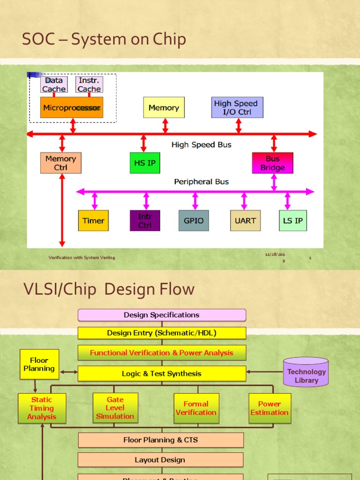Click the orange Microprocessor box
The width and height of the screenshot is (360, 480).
pos(72,108)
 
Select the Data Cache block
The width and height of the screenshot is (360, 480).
pos(54,85)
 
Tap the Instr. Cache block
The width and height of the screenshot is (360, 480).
pos(89,85)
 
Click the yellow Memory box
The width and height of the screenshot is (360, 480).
pos(164,108)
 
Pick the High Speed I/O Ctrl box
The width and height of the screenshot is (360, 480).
pos(237,108)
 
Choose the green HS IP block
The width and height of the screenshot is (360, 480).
pos(145,163)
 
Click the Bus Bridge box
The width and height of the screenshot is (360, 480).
pos(273,163)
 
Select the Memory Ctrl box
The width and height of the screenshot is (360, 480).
pos(60,163)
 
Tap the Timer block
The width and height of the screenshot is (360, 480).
pos(93,221)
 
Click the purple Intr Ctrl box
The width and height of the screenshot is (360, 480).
pos(145,221)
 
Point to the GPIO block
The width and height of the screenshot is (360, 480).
pos(194,221)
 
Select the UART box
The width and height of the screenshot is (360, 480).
pos(245,221)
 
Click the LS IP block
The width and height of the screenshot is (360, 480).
pos(293,221)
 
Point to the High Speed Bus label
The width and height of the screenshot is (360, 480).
pos(201,145)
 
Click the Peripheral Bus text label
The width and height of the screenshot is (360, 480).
pos(201,181)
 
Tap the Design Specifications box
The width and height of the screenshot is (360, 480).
pos(162,315)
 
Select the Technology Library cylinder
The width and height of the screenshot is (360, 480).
pos(307,373)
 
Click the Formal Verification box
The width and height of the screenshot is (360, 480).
pos(196,408)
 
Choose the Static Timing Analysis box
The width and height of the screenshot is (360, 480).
pos(42,408)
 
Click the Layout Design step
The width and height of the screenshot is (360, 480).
pos(160,460)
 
